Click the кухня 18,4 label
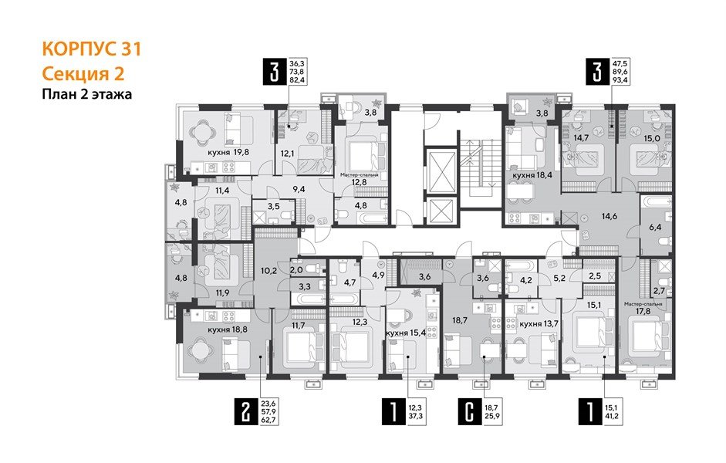pos(532,176)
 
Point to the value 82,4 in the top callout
pos(297,79)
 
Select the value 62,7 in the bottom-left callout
pos(269,422)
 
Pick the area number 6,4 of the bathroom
pos(656,228)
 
